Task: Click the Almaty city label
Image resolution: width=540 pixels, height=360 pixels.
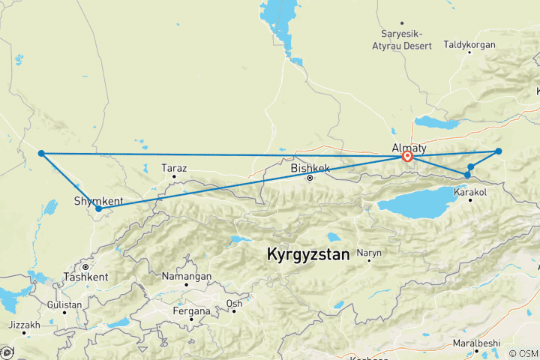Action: [409, 147]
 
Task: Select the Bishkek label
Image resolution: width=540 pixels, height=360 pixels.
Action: [310, 169]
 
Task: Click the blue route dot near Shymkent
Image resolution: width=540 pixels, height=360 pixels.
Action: [99, 209]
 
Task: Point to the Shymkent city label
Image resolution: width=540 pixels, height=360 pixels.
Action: [98, 200]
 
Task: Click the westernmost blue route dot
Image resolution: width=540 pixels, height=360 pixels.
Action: [42, 153]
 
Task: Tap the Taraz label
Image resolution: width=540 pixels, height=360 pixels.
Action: [174, 169]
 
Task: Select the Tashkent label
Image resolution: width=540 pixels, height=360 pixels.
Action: [86, 276]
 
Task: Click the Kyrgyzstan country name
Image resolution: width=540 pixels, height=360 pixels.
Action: [307, 254]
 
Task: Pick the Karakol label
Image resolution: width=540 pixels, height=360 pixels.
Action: [471, 193]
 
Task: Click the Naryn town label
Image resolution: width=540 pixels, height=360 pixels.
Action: [369, 253]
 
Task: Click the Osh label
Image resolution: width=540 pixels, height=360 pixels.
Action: [234, 303]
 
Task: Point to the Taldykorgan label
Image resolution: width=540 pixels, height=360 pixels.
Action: [470, 45]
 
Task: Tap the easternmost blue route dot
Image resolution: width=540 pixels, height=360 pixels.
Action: [498, 151]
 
